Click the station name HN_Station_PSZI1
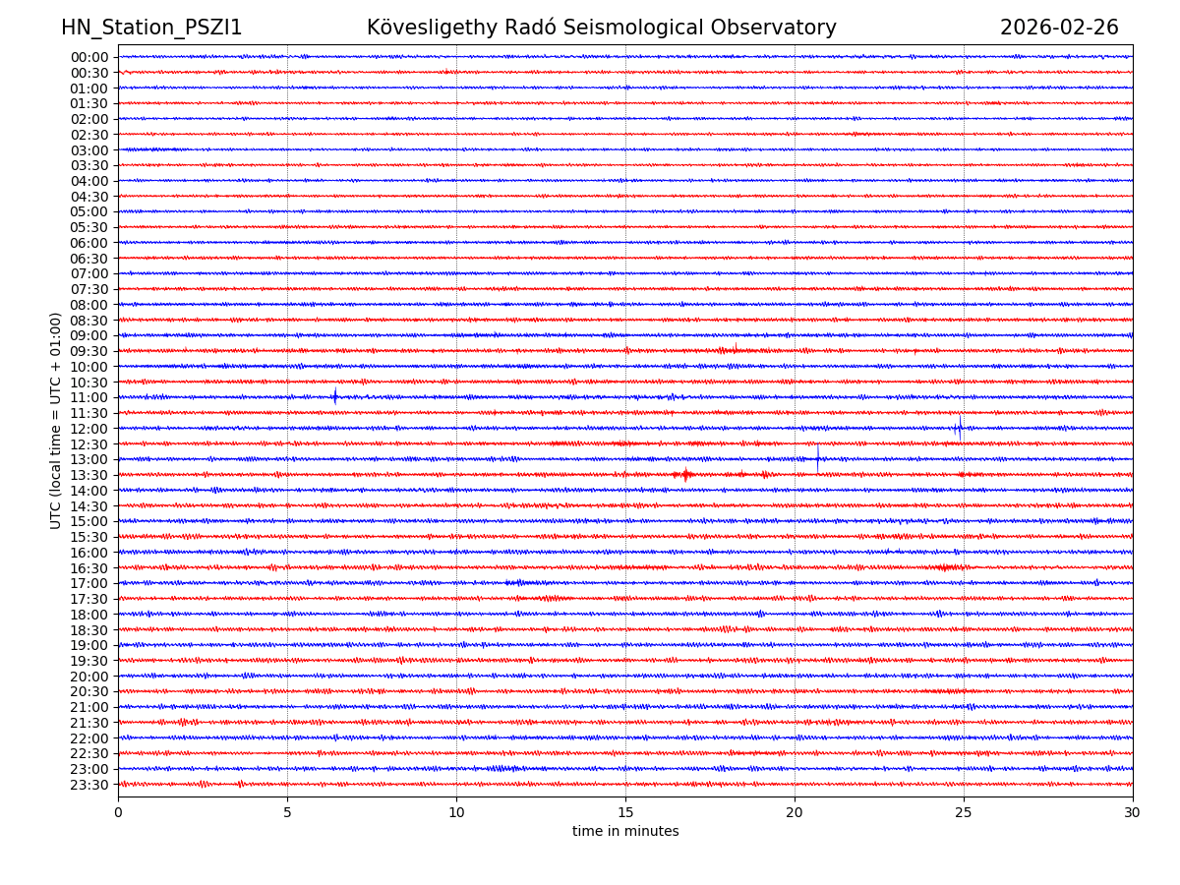pyautogui.click(x=151, y=28)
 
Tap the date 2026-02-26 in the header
pyautogui.click(x=1059, y=28)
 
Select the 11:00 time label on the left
pyautogui.click(x=88, y=397)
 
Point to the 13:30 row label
pyautogui.click(x=88, y=475)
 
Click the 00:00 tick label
pyautogui.click(x=88, y=57)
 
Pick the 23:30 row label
pyautogui.click(x=88, y=785)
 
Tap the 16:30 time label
pyautogui.click(x=88, y=568)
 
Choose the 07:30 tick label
pyautogui.click(x=88, y=289)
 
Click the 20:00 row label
pyautogui.click(x=88, y=677)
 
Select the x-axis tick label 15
pyautogui.click(x=625, y=813)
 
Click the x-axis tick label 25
pyautogui.click(x=964, y=813)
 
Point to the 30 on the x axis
pyautogui.click(x=1133, y=813)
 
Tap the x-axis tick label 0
pyautogui.click(x=118, y=813)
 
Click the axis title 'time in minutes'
pyautogui.click(x=625, y=832)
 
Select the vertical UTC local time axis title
pyautogui.click(x=56, y=420)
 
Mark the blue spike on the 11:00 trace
pyautogui.click(x=335, y=396)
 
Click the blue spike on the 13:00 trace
pyautogui.click(x=817, y=458)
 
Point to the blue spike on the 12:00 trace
pyautogui.click(x=960, y=428)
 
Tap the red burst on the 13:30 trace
pyautogui.click(x=685, y=475)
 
